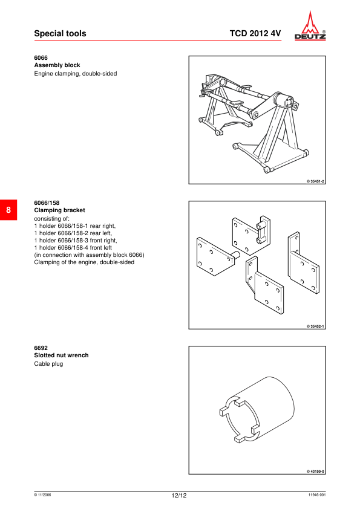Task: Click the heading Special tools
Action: point(60,34)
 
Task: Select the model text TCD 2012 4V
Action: point(255,34)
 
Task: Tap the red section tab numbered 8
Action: point(8,210)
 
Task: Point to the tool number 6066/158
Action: point(47,203)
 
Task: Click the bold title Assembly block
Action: point(57,65)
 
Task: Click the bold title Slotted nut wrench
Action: point(61,355)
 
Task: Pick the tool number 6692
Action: point(41,348)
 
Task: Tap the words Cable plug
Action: point(48,364)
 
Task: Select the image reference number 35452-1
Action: point(316,326)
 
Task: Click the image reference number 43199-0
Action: point(316,472)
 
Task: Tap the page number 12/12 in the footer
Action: point(179,496)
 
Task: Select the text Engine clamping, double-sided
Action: point(75,74)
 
